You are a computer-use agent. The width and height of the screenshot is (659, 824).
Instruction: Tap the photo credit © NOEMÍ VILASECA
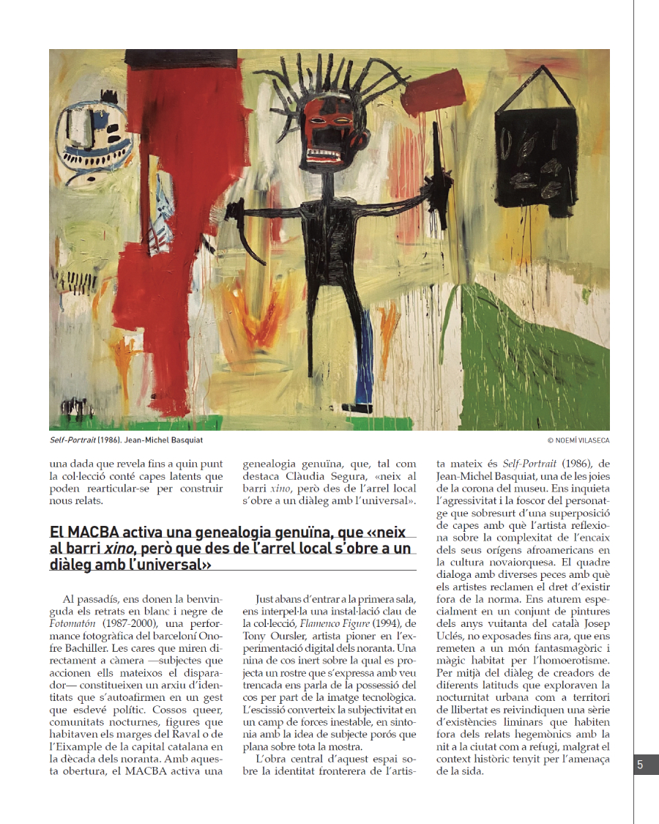[x=578, y=440]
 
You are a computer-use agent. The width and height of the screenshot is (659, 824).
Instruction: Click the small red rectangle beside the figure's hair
[x=428, y=93]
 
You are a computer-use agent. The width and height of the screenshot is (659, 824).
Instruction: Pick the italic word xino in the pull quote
[x=113, y=549]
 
